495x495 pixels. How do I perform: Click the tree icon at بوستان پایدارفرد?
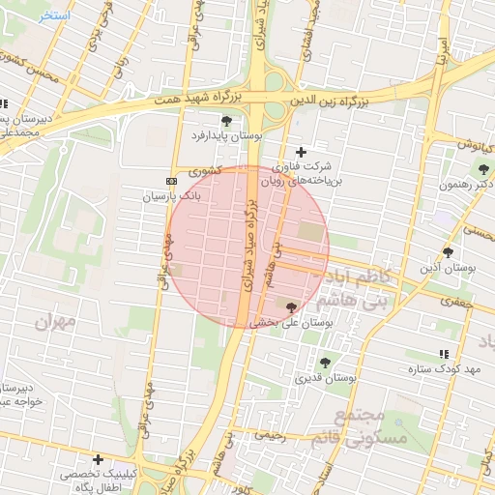click(226, 121)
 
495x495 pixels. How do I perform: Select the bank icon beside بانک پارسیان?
click(172, 181)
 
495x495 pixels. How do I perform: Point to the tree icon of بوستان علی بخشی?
click(292, 306)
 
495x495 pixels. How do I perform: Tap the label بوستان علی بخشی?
click(292, 324)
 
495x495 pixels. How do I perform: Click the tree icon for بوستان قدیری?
click(325, 362)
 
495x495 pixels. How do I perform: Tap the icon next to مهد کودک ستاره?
click(444, 355)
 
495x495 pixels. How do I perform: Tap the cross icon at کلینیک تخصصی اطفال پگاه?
click(98, 459)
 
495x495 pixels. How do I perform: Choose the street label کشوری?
click(206, 171)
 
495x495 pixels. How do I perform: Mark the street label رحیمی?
click(271, 435)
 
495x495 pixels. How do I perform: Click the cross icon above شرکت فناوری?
click(301, 152)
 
